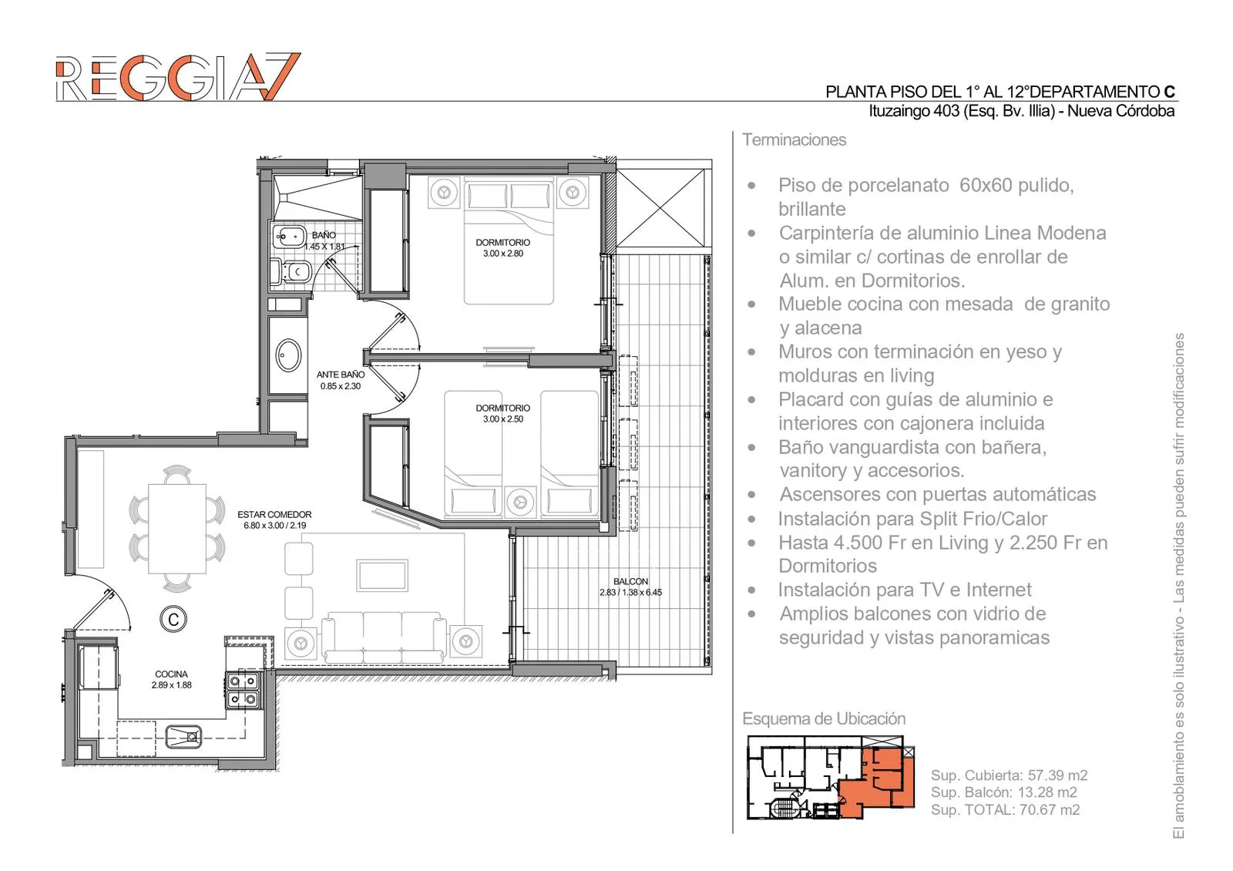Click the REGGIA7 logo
(x=178, y=76)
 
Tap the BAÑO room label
(x=324, y=235)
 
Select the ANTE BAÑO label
(x=340, y=375)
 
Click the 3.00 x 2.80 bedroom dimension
(x=503, y=254)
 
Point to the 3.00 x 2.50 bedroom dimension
(x=503, y=419)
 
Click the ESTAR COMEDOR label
(x=274, y=514)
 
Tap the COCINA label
(x=171, y=674)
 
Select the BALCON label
(x=631, y=581)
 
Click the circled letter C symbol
(x=173, y=619)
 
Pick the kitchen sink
(x=183, y=736)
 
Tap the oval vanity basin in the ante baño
(x=288, y=355)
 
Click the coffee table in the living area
(x=382, y=575)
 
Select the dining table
(x=177, y=529)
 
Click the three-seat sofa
(x=384, y=637)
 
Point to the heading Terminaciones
(x=794, y=140)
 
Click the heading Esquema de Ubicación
(x=824, y=718)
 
